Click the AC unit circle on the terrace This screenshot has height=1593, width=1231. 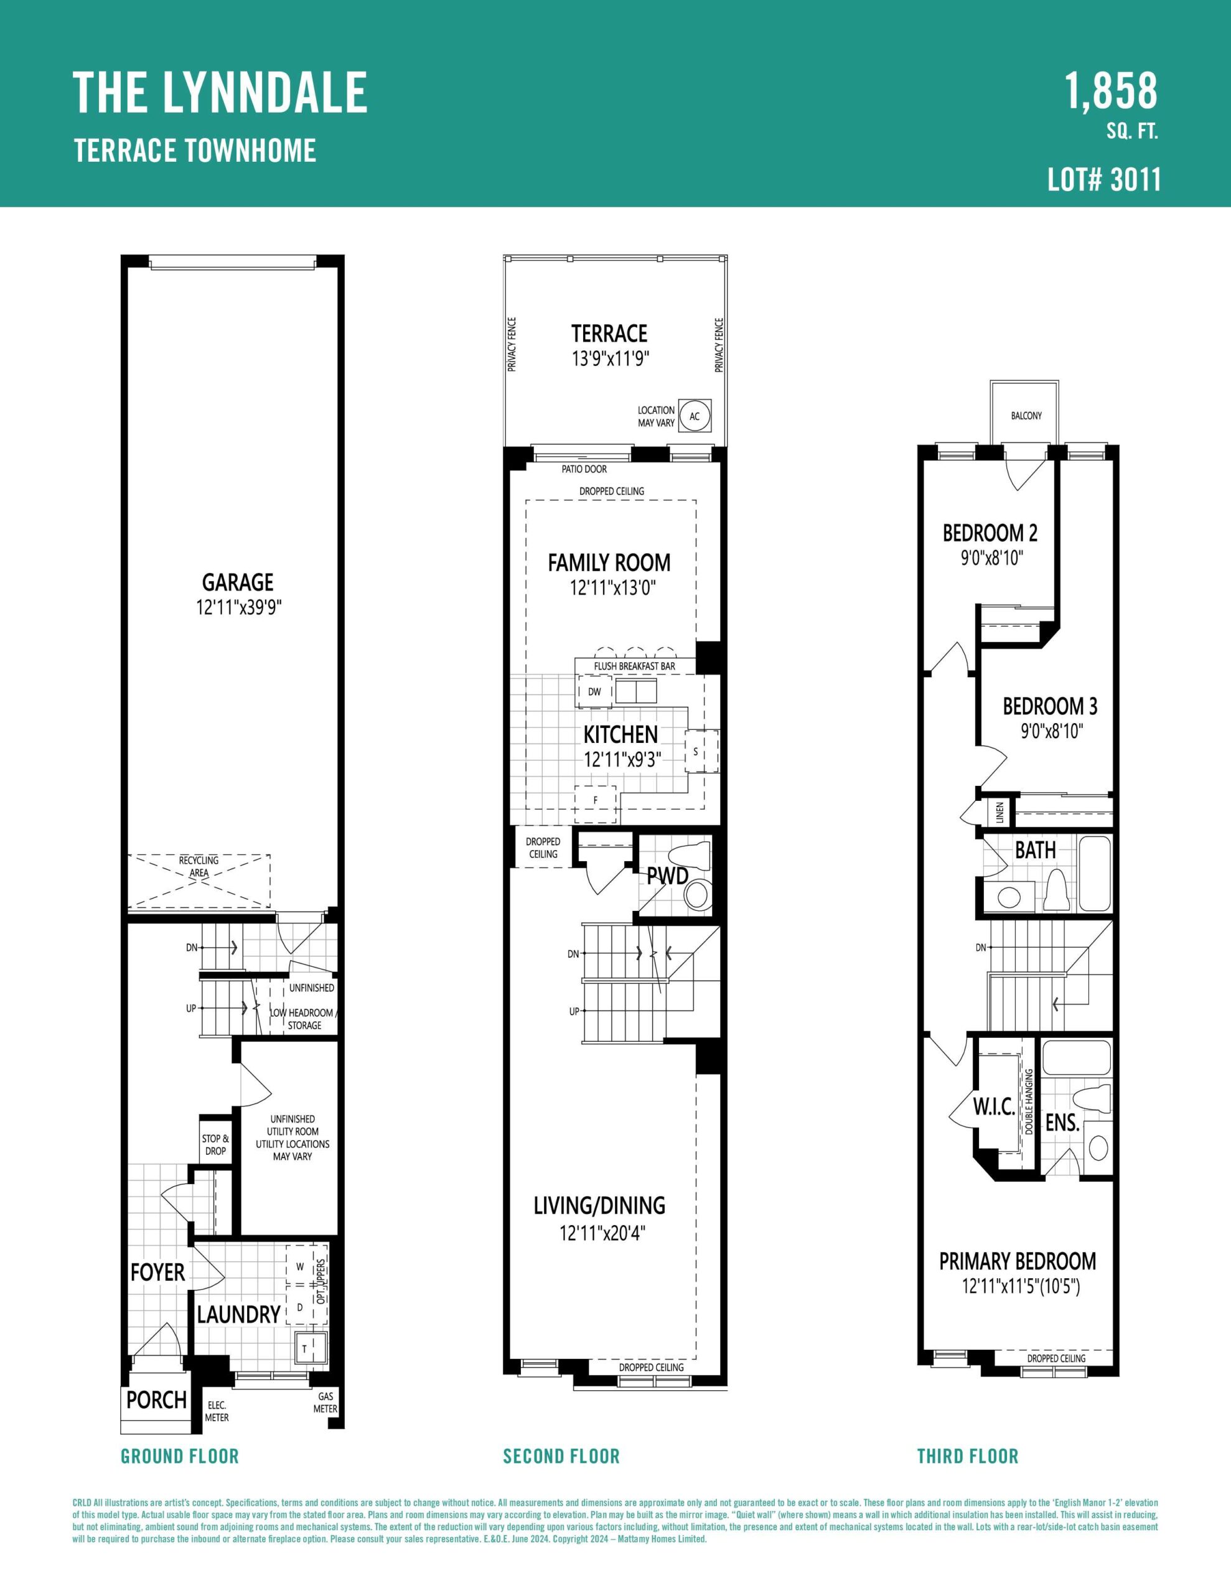695,416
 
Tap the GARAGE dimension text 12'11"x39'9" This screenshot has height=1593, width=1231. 238,607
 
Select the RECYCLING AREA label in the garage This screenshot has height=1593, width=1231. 199,867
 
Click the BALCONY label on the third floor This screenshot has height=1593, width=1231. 1026,416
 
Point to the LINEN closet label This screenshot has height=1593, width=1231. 999,812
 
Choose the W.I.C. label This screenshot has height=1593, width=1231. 994,1106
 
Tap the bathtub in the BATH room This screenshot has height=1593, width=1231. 1095,873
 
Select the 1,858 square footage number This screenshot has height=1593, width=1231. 1111,92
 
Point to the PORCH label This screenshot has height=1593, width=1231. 156,1399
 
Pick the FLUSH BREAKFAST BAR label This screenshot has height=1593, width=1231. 634,666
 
